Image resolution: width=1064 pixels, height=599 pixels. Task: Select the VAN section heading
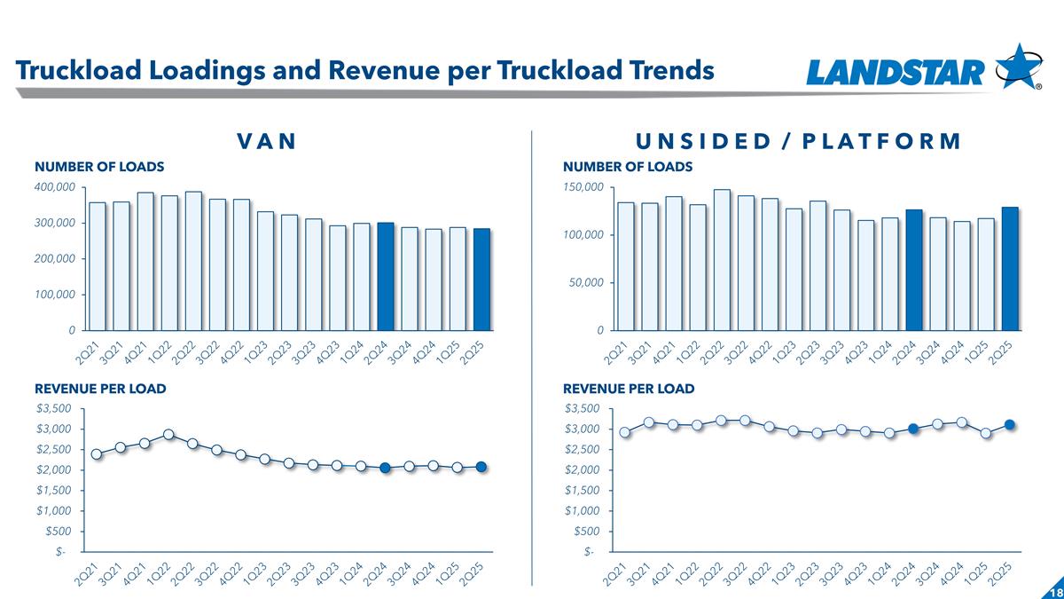tap(265, 141)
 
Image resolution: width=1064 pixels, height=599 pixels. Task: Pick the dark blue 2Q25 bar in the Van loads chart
tap(481, 279)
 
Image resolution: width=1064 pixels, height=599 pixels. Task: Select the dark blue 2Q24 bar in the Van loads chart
tap(386, 276)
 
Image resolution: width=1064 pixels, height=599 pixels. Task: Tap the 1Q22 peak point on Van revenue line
tap(168, 435)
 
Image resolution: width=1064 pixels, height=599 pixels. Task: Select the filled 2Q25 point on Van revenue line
tap(481, 467)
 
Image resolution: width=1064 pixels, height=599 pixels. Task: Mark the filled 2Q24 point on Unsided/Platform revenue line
tap(913, 429)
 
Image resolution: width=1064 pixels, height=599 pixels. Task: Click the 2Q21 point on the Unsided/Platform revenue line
tap(625, 432)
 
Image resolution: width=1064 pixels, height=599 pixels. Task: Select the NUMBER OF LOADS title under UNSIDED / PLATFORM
tap(628, 166)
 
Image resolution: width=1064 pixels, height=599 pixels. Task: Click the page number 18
tap(1054, 591)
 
